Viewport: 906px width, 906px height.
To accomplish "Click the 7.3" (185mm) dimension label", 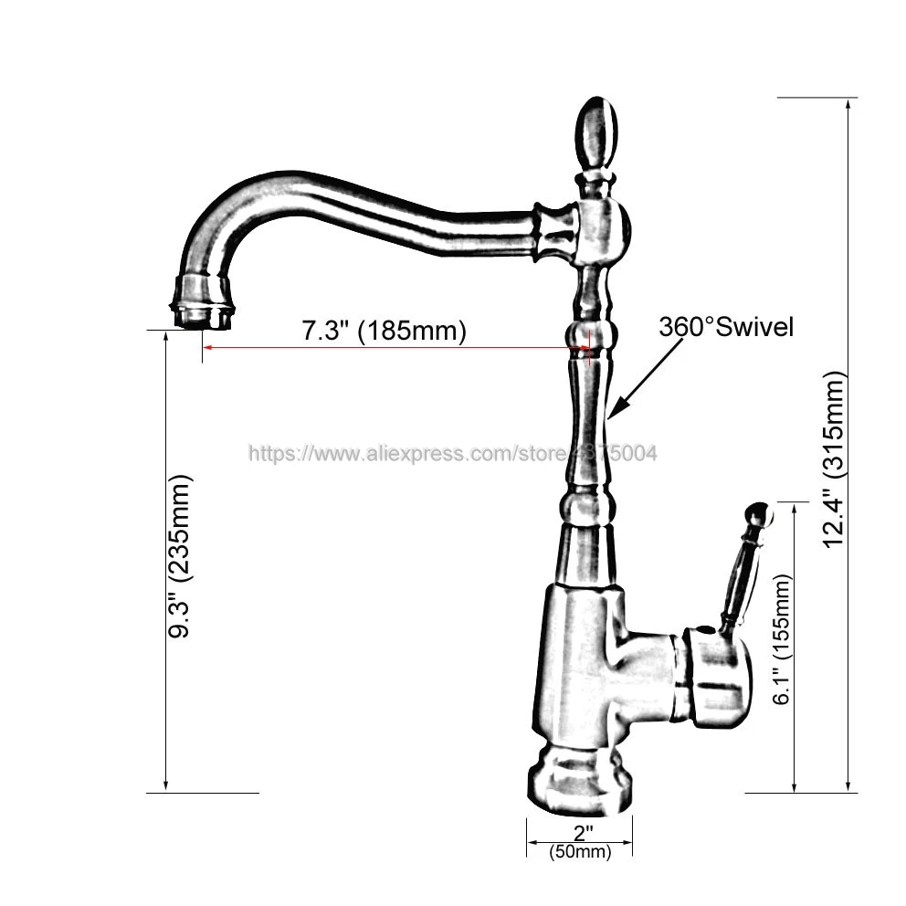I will coord(384,331).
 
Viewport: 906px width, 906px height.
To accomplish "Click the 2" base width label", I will coord(583,833).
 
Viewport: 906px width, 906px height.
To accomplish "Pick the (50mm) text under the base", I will coord(580,852).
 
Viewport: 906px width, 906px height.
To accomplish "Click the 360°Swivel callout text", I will coord(727,327).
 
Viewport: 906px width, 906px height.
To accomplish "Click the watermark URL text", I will coord(453,453).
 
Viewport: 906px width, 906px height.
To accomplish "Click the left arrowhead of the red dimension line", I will coord(208,348).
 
